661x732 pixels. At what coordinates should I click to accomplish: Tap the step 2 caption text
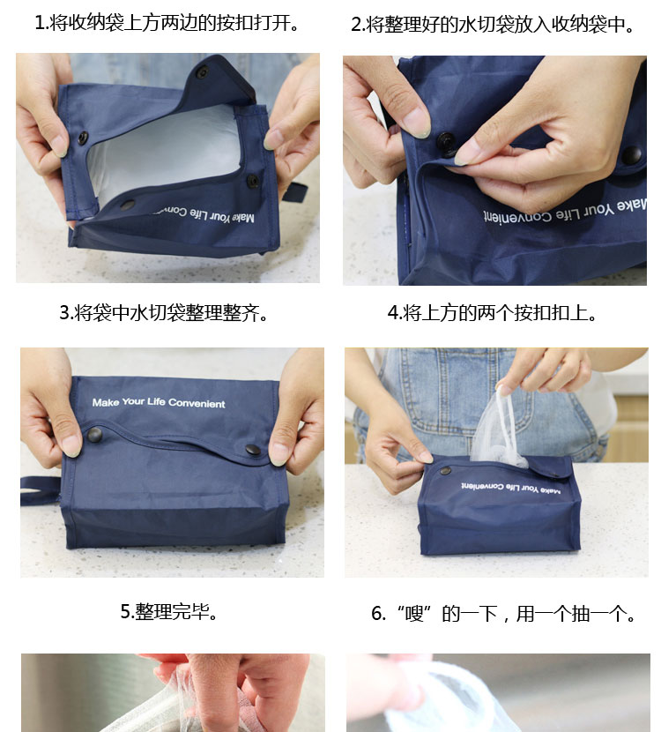[x=493, y=25]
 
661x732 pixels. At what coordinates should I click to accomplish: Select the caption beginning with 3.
[x=164, y=313]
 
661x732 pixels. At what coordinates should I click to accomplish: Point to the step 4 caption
[x=492, y=313]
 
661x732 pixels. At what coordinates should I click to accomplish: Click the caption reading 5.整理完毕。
[x=169, y=611]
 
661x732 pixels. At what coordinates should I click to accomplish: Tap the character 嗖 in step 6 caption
[x=414, y=614]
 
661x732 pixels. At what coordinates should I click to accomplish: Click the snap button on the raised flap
[x=202, y=72]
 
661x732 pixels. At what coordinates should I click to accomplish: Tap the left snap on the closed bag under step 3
[x=94, y=435]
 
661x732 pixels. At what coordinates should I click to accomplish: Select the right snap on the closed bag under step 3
[x=253, y=450]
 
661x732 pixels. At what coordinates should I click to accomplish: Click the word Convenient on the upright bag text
[x=197, y=403]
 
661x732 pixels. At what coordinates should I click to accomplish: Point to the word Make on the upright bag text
[x=106, y=402]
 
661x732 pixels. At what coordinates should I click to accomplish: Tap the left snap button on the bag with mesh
[x=445, y=471]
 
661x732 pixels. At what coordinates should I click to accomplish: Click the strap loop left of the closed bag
[x=40, y=490]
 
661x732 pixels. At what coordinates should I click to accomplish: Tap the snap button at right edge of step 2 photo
[x=632, y=155]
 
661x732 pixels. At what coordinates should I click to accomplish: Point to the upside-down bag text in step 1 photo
[x=204, y=214]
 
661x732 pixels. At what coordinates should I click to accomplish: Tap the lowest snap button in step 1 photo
[x=127, y=205]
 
